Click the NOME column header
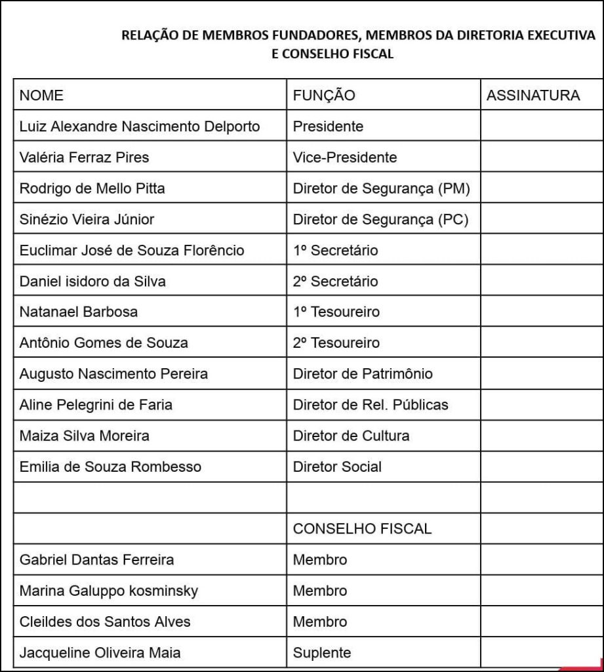pyautogui.click(x=41, y=95)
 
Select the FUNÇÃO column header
pyautogui.click(x=324, y=95)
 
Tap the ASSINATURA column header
pyautogui.click(x=533, y=95)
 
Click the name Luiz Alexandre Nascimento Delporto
pyautogui.click(x=140, y=126)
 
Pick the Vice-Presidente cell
pyautogui.click(x=345, y=157)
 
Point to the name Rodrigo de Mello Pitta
pyautogui.click(x=92, y=188)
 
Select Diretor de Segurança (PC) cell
pyautogui.click(x=380, y=219)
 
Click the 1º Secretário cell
pyautogui.click(x=336, y=250)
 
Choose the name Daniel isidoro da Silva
pyautogui.click(x=92, y=282)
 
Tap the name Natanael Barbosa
pyautogui.click(x=79, y=312)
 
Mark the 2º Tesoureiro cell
pyautogui.click(x=336, y=343)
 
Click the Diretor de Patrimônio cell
pyautogui.click(x=363, y=374)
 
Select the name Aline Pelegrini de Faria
pyautogui.click(x=96, y=405)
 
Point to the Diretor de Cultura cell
pyautogui.click(x=351, y=436)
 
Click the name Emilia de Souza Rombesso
pyautogui.click(x=110, y=467)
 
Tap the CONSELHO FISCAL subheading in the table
pyautogui.click(x=362, y=528)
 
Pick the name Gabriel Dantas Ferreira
pyautogui.click(x=97, y=560)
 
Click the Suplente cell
pyautogui.click(x=322, y=653)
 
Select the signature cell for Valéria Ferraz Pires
pyautogui.click(x=541, y=157)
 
